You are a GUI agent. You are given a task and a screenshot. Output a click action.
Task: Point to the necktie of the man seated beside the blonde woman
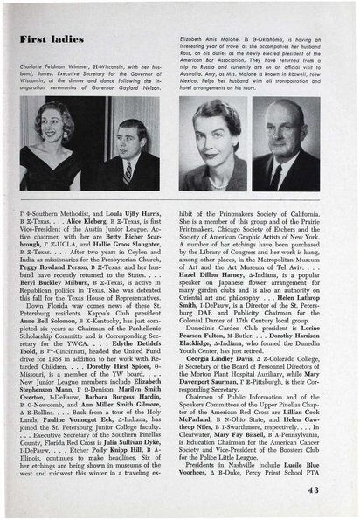[x=128, y=171]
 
